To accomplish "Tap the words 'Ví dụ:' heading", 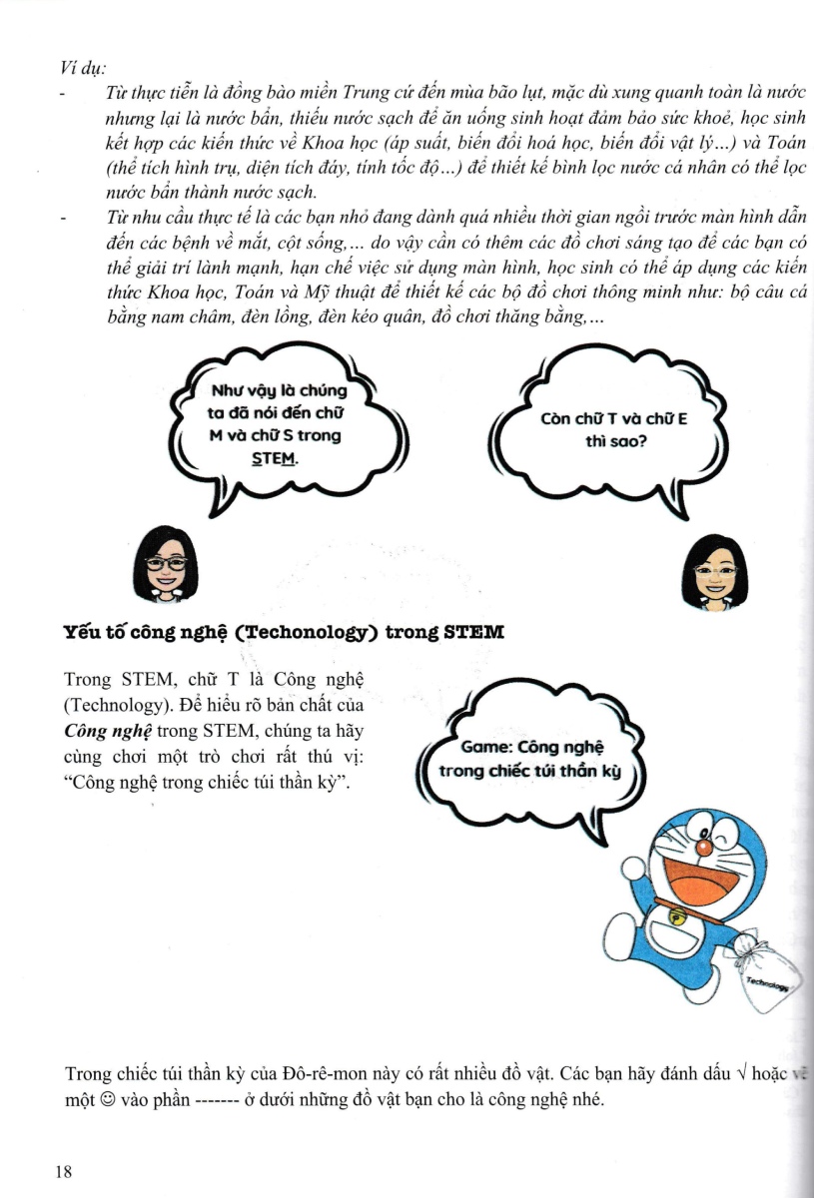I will tap(84, 70).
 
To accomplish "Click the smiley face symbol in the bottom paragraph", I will tap(110, 1100).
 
